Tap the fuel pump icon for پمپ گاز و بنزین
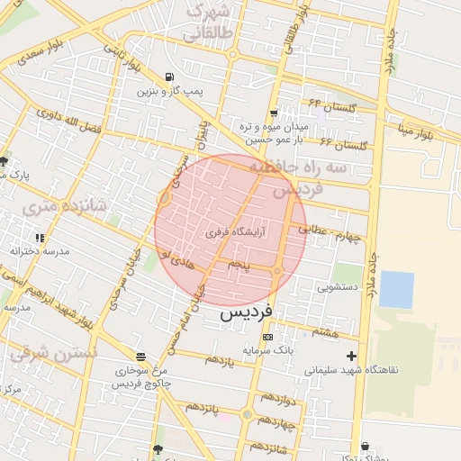coord(171,77)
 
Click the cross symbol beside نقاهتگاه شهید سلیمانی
coord(352,356)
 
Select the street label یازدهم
coord(220,361)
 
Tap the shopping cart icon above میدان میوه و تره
coord(273,113)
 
